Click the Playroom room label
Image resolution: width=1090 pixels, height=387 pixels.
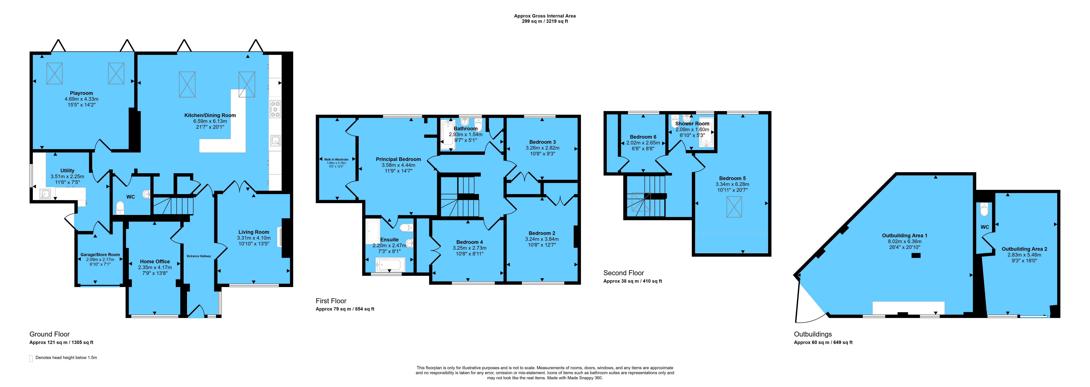(x=81, y=93)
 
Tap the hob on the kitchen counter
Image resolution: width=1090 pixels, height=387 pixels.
(x=275, y=109)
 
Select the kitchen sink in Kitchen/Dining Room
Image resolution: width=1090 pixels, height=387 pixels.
(x=276, y=141)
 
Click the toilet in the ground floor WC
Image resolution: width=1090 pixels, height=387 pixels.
(x=120, y=207)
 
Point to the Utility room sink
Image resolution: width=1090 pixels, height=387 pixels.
(x=45, y=194)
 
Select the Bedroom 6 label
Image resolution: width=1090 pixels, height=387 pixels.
(x=643, y=137)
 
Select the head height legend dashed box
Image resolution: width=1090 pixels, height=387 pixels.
(x=31, y=358)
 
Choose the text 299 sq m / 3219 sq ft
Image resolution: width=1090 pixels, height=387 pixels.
(x=545, y=21)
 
